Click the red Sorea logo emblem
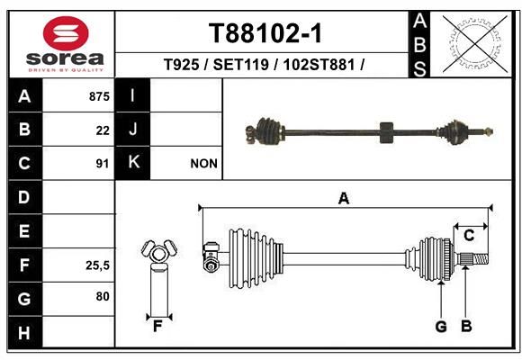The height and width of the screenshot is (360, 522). (66, 33)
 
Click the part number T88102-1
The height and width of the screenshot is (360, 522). (265, 33)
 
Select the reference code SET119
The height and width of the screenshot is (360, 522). (240, 64)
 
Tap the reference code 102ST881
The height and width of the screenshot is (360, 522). (319, 64)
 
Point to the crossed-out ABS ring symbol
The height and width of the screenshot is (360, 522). (475, 43)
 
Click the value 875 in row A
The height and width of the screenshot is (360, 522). (99, 96)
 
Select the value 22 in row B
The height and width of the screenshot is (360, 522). (103, 130)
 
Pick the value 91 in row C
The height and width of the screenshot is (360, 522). (103, 164)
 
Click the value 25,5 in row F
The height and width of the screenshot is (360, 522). (97, 265)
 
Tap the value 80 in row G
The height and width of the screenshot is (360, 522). (103, 296)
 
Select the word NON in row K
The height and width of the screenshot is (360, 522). (203, 164)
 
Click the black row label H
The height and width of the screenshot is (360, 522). (25, 333)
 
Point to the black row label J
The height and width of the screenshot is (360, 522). (132, 129)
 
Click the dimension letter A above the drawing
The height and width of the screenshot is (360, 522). (344, 199)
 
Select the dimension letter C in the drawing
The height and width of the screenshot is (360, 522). (469, 236)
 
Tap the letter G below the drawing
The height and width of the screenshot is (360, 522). (441, 327)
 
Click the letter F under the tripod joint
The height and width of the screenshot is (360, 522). (157, 327)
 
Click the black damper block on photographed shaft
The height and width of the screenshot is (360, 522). (386, 132)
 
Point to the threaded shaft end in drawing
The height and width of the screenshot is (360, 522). (480, 259)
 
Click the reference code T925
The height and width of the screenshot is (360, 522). (182, 64)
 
